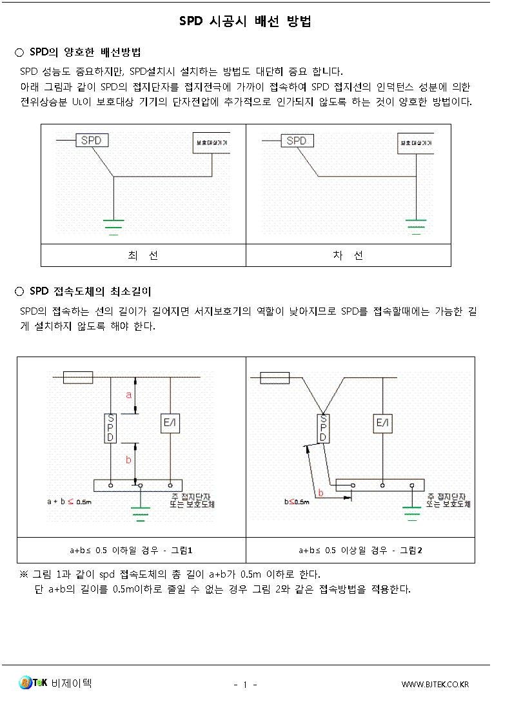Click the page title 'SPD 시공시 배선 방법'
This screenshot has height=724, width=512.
point(245,22)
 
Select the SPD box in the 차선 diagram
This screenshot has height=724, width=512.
point(296,140)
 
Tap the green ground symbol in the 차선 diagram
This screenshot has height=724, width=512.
point(416,226)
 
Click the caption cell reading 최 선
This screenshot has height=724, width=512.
point(143,255)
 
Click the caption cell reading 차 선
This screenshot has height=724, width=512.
point(348,255)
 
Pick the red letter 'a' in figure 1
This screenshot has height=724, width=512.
point(129,395)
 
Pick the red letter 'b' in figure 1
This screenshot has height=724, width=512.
point(128,460)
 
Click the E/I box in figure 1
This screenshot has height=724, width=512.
point(170,423)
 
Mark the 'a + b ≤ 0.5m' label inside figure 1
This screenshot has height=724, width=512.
point(69,501)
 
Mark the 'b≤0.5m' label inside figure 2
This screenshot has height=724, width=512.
point(297,501)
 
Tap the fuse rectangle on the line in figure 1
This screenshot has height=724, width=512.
point(78,377)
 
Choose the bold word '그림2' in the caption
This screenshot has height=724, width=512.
point(411,550)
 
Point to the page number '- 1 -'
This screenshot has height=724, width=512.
point(245,684)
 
